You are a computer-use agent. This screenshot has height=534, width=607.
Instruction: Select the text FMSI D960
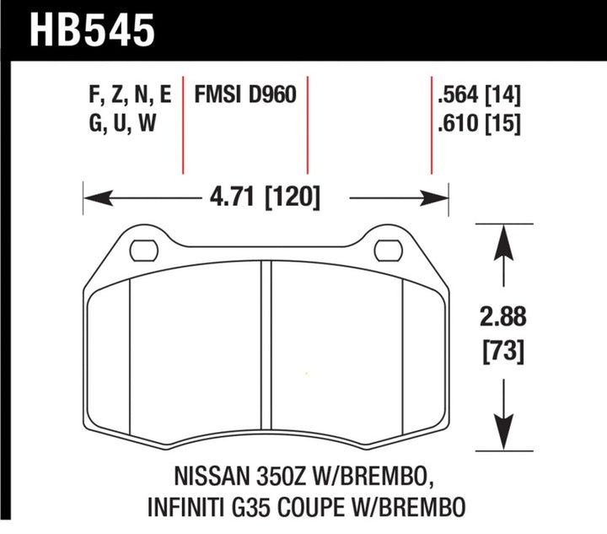pyautogui.click(x=245, y=94)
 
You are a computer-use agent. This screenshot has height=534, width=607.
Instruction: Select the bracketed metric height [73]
pyautogui.click(x=504, y=350)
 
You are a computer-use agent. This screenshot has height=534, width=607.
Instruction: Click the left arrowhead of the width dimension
pyautogui.click(x=94, y=199)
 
